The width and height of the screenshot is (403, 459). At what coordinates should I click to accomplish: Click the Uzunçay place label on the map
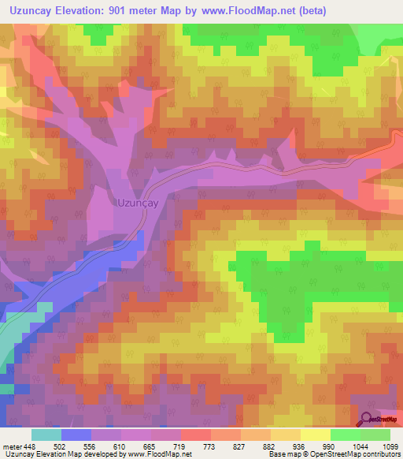coord(138,202)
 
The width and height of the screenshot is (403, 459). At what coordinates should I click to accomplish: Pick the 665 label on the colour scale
coord(151,446)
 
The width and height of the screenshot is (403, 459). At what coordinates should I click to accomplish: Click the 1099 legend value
coord(390,446)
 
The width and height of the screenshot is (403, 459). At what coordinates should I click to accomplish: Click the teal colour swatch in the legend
coord(46,435)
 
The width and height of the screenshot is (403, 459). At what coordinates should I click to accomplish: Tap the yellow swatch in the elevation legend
coord(316,435)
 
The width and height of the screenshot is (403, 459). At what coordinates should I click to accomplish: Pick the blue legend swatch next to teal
coord(76,435)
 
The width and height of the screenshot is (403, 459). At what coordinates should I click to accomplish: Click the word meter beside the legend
coord(12,446)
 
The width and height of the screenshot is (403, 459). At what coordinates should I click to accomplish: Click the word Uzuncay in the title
coord(34,10)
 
